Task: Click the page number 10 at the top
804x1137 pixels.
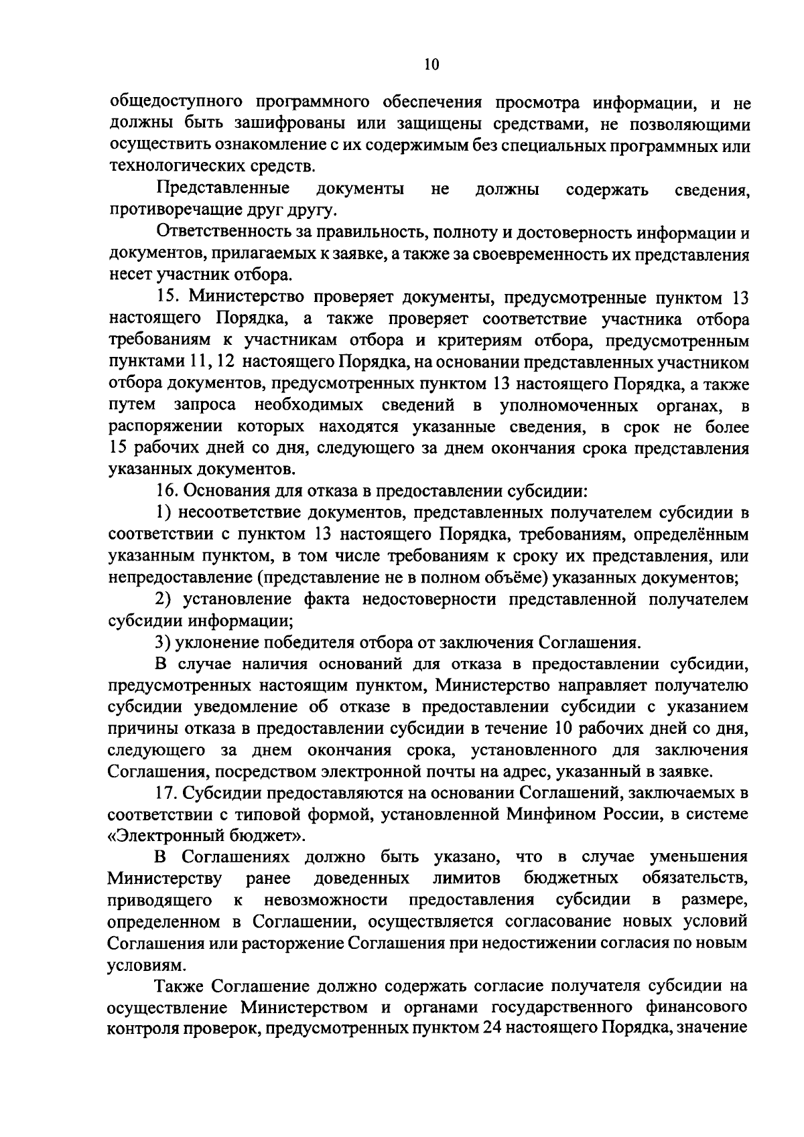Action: [431, 64]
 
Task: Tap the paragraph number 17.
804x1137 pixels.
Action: [167, 793]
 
